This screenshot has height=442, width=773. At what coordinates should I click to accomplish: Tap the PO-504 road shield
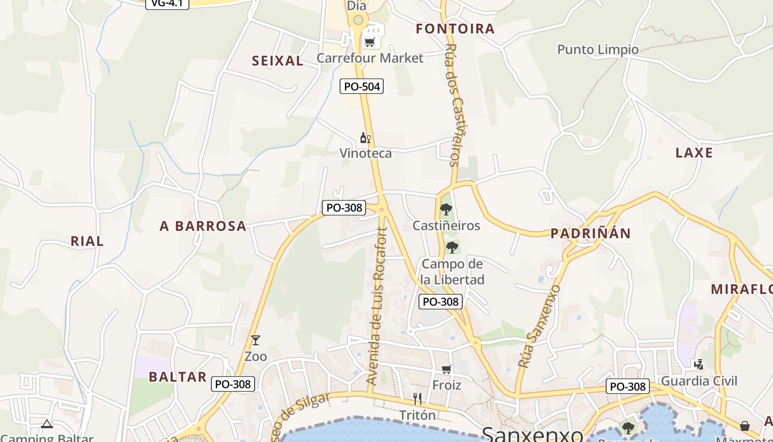(x=362, y=86)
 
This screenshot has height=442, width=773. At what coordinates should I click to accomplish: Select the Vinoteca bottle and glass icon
(x=365, y=138)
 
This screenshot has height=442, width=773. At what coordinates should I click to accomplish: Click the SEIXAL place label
(x=278, y=61)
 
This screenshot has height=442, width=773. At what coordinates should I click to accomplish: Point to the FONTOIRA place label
(x=455, y=29)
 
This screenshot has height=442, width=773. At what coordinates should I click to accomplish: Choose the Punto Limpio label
(x=598, y=50)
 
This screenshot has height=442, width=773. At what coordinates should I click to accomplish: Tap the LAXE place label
(x=694, y=152)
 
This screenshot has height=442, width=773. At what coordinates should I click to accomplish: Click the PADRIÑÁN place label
(x=590, y=233)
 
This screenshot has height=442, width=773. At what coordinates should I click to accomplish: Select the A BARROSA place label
(x=203, y=226)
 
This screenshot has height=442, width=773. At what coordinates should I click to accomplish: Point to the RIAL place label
(x=87, y=241)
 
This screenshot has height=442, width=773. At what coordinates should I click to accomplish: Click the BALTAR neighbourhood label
(x=177, y=377)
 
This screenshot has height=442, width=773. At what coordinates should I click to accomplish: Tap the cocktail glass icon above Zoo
(x=255, y=340)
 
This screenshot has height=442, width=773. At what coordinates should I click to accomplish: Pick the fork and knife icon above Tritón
(x=417, y=398)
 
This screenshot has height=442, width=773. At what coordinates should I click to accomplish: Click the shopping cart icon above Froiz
(x=446, y=369)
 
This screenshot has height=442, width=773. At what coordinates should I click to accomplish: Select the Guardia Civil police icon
(x=698, y=364)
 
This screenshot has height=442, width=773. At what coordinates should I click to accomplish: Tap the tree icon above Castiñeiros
(x=446, y=209)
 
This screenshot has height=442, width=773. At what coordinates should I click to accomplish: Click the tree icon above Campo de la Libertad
(x=452, y=247)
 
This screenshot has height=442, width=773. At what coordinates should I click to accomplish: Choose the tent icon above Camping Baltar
(x=46, y=424)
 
